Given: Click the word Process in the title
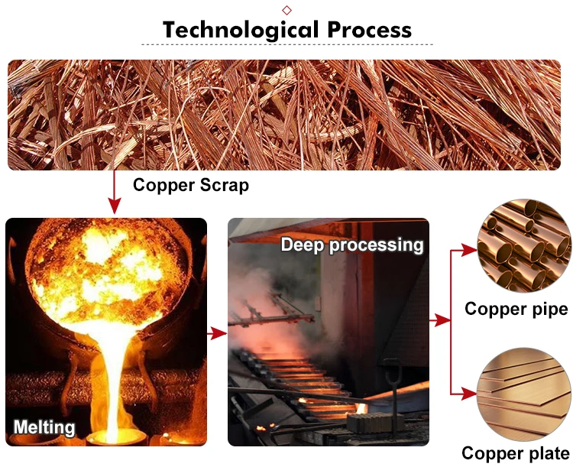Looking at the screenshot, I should (x=370, y=30).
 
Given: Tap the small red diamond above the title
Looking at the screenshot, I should (x=287, y=9).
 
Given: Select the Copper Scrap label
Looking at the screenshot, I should (x=191, y=185).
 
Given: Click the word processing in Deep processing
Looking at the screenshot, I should (x=378, y=245).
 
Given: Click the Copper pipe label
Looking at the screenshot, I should (x=516, y=309).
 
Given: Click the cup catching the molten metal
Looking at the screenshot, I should (x=115, y=437).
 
